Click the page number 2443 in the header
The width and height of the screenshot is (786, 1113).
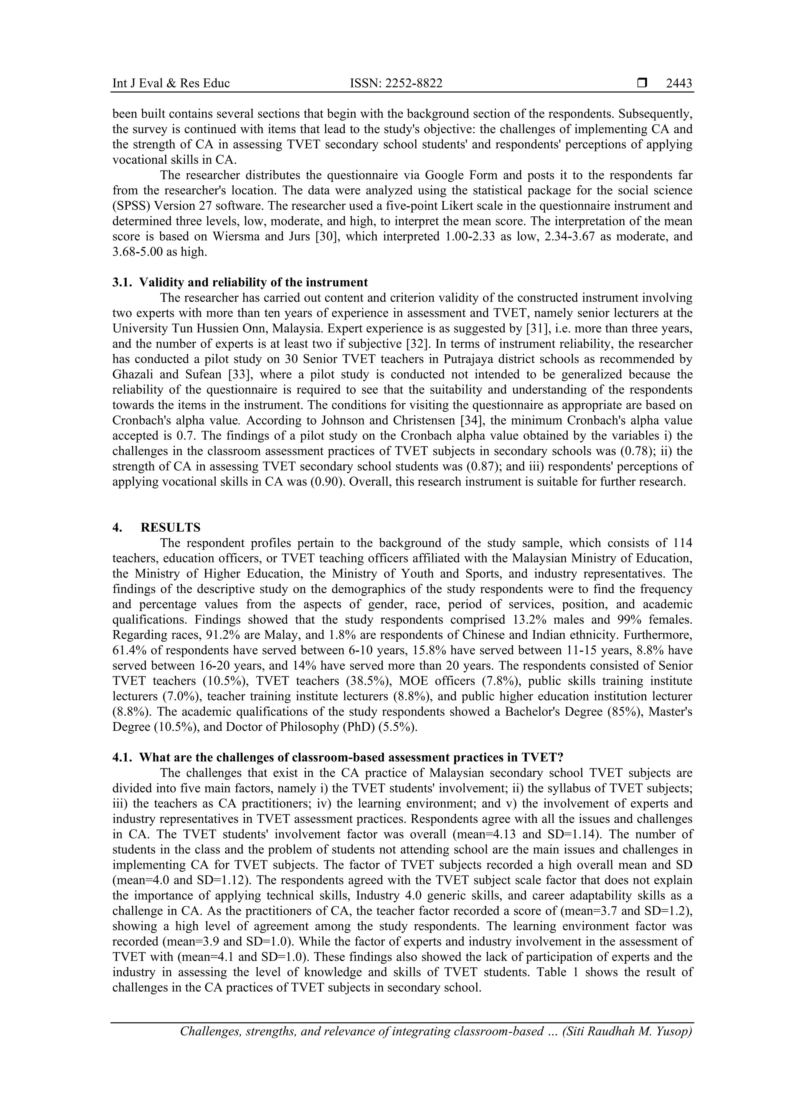[x=679, y=83]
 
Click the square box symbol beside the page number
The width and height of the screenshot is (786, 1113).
[x=642, y=83]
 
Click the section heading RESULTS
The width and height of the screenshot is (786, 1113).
[x=170, y=527]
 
